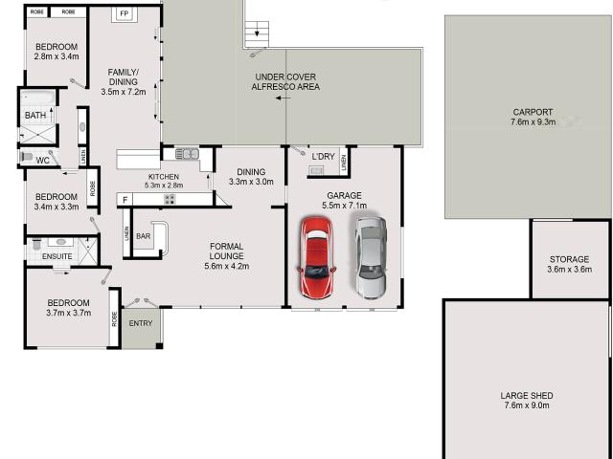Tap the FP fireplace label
pyautogui.click(x=124, y=14)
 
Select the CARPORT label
pyautogui.click(x=534, y=112)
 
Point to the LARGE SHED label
pyautogui.click(x=526, y=396)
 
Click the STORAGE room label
pyautogui.click(x=569, y=259)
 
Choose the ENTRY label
pyautogui.click(x=140, y=323)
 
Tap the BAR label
pyautogui.click(x=144, y=236)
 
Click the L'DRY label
pyautogui.click(x=323, y=156)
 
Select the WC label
pyautogui.click(x=42, y=161)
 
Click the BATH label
pyautogui.click(x=35, y=117)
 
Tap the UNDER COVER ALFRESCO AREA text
pyautogui.click(x=285, y=81)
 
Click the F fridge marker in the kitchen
pyautogui.click(x=124, y=199)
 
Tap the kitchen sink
pyautogui.click(x=187, y=153)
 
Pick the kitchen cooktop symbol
pyautogui.click(x=170, y=199)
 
